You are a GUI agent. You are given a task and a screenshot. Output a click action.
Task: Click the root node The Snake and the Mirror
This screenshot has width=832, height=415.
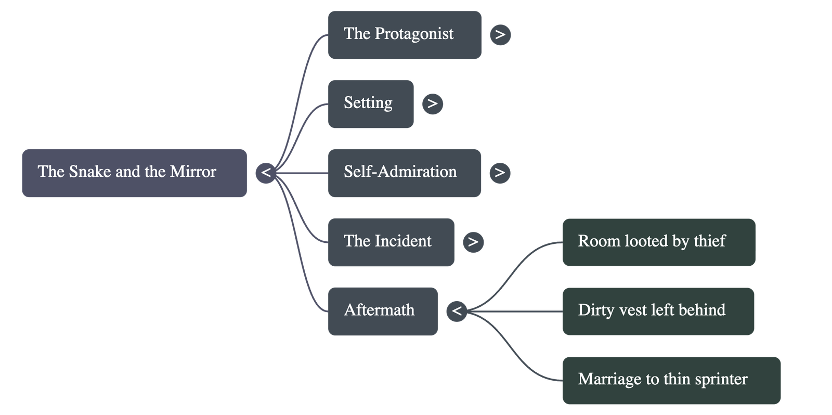point(134,173)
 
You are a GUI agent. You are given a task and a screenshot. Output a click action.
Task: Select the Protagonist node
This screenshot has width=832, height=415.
point(404,35)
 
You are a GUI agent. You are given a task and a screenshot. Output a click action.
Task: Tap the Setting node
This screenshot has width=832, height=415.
point(370,103)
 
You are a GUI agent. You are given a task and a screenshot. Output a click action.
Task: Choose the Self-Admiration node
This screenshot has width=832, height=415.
point(404,173)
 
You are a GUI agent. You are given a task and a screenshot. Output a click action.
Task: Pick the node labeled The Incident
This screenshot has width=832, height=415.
point(391,242)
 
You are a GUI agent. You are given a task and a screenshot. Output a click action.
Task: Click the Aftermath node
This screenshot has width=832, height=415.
point(383,311)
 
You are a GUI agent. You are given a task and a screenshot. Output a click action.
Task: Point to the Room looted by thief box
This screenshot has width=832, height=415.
point(658,242)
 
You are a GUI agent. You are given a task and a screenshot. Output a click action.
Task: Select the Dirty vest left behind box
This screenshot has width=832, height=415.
point(658,311)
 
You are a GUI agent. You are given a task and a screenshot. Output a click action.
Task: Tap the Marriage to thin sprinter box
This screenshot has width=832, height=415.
point(671,380)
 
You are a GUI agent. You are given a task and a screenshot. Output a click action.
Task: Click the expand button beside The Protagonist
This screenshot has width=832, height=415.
point(500,35)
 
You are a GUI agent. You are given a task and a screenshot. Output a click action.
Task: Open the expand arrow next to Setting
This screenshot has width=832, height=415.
point(433,103)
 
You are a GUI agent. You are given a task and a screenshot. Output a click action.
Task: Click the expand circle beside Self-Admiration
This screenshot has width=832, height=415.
point(500,173)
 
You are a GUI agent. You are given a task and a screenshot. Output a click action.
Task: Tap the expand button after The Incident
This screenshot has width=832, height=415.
point(473,242)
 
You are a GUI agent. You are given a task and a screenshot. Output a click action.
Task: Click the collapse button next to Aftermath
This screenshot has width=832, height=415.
point(457,311)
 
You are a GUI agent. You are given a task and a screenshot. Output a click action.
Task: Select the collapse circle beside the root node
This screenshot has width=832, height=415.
point(266,173)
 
